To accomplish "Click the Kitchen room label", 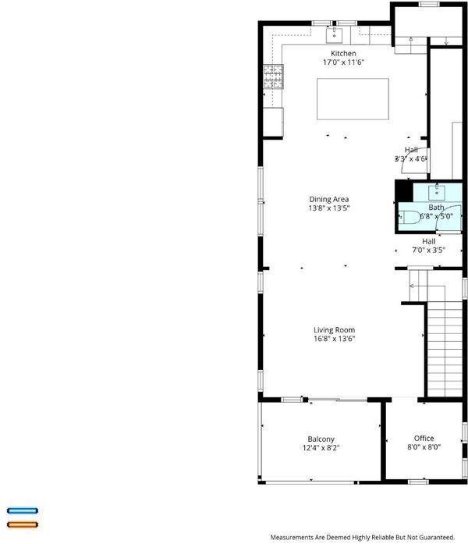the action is click(343, 53).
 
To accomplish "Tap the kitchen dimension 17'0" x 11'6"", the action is click(343, 62).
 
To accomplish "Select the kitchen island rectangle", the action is click(353, 99).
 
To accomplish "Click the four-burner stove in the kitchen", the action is click(274, 76).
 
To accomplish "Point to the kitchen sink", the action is click(334, 35).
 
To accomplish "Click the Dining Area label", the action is click(329, 199).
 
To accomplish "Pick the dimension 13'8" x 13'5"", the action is click(329, 208).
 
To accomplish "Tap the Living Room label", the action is click(334, 330).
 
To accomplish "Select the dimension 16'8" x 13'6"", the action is click(334, 339).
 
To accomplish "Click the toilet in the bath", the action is click(409, 218).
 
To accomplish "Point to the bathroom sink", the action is click(437, 193).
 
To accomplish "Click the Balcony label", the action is click(321, 439).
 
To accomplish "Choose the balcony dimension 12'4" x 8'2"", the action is click(321, 448).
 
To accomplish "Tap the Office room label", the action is click(424, 438).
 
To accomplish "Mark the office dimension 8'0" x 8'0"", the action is click(424, 447).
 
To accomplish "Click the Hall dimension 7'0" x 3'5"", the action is click(429, 250).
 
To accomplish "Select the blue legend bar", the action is click(23, 510).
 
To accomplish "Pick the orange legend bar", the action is click(23, 524).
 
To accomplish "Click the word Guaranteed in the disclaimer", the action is click(437, 538).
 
